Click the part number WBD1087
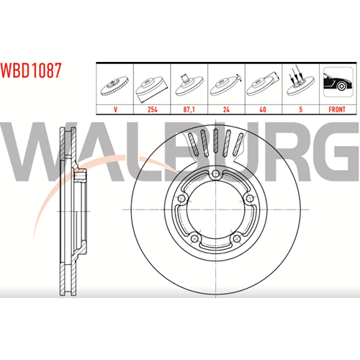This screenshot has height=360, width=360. (31, 71)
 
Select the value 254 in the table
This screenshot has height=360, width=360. (153, 109)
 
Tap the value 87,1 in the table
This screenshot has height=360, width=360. (189, 109)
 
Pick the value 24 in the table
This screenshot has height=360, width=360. (226, 109)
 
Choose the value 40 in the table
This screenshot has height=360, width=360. (263, 109)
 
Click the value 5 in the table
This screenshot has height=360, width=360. (300, 109)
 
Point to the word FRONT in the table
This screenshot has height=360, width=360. (337, 109)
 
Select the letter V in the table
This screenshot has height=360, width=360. (115, 109)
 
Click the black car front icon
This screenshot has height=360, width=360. (338, 82)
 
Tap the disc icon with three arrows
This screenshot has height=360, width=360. (300, 83)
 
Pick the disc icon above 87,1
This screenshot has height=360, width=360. (189, 84)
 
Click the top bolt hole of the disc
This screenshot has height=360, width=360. (215, 174)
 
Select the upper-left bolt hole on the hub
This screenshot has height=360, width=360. (181, 198)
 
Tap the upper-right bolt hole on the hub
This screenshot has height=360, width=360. (250, 198)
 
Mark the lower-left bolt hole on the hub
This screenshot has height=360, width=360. (194, 238)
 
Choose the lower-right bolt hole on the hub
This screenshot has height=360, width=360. (237, 238)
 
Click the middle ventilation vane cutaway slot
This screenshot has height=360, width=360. (215, 141)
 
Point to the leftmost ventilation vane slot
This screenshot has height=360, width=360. (193, 144)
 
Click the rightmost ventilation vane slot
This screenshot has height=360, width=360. (238, 144)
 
